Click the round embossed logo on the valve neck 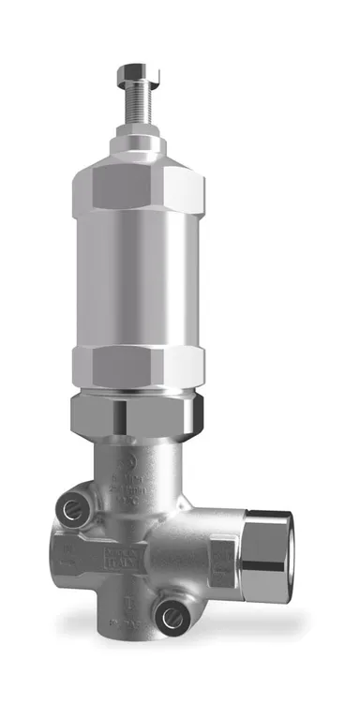pos(127,458)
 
